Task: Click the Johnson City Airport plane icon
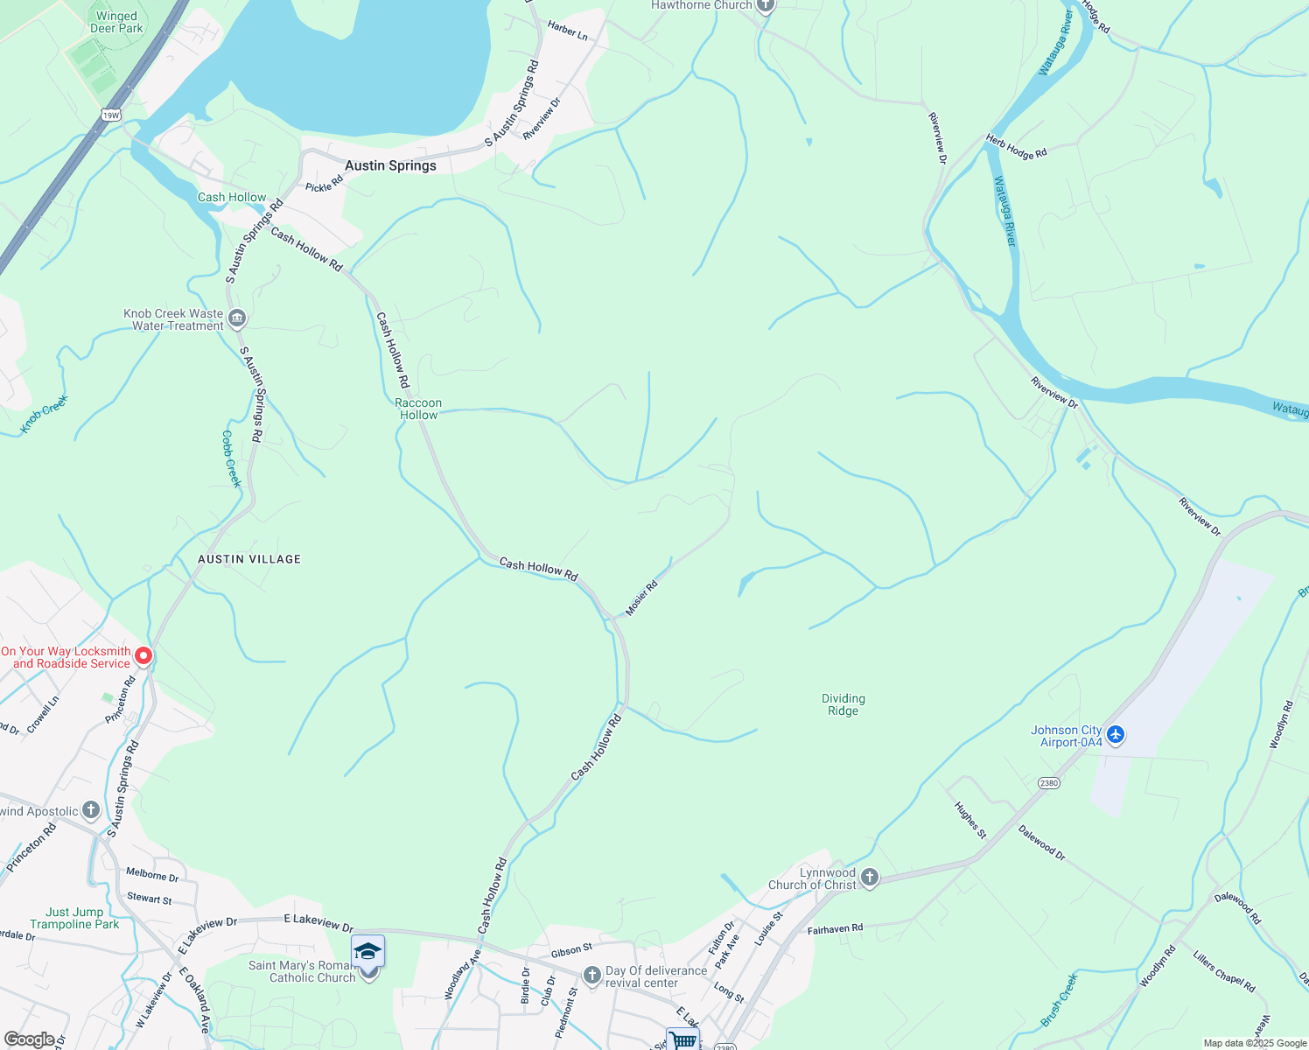[1115, 734]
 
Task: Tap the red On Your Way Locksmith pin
[143, 655]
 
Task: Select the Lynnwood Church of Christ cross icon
[869, 877]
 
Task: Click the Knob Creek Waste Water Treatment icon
[236, 318]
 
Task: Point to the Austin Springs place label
[390, 165]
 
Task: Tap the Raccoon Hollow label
[418, 409]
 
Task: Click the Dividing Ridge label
[843, 704]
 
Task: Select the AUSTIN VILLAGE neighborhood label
[249, 559]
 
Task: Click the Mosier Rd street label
[641, 598]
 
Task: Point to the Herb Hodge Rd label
[1016, 146]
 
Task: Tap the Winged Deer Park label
[116, 22]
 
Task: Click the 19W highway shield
[111, 115]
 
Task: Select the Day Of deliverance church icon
[592, 975]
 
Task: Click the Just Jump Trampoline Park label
[74, 918]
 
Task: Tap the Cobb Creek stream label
[231, 458]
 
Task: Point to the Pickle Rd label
[325, 183]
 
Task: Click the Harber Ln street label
[567, 31]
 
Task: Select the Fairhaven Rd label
[835, 928]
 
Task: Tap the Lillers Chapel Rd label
[1223, 971]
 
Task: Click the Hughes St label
[969, 821]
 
